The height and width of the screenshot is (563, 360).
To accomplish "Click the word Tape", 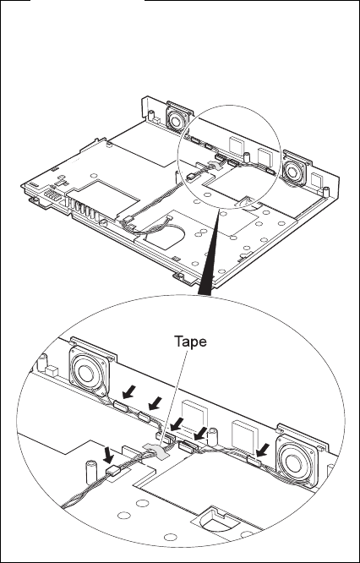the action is click(x=190, y=342).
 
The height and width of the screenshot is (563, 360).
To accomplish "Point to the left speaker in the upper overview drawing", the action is click(x=177, y=119).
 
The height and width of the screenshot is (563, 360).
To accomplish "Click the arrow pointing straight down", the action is click(x=108, y=455).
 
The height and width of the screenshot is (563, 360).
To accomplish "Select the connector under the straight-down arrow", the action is click(x=114, y=471).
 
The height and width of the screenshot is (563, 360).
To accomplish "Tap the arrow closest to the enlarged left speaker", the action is click(x=128, y=391).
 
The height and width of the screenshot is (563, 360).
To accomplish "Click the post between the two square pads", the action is click(x=214, y=437).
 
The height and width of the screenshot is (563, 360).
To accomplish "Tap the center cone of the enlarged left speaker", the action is click(x=86, y=374).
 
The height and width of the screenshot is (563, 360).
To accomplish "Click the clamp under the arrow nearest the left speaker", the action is click(x=122, y=407).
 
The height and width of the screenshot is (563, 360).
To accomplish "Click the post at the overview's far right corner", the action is click(x=326, y=191).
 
